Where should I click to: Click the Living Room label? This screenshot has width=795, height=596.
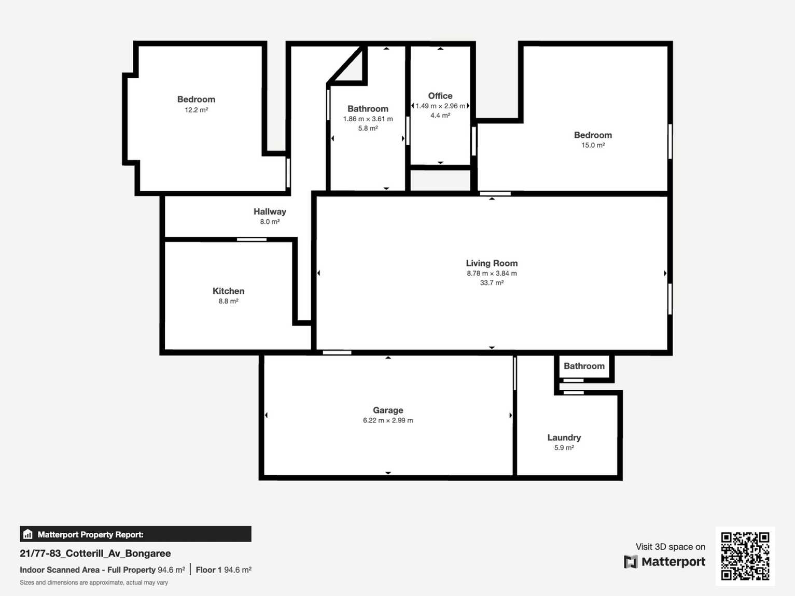coord(492,263)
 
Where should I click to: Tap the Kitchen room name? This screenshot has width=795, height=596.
coord(228,291)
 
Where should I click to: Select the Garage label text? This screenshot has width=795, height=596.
coord(388,410)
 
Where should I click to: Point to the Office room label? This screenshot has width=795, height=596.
coord(440,96)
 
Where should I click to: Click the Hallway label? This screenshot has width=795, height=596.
coord(270,211)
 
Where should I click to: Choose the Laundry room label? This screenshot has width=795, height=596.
coord(564,438)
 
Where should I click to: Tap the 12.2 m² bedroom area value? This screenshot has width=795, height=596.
coord(197,110)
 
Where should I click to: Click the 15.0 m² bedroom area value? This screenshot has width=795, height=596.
coord(593,146)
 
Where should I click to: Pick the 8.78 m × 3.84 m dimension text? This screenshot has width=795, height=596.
coord(492,274)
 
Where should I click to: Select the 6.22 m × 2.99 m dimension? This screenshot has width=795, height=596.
coord(388,420)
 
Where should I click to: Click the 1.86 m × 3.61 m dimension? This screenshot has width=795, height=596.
coord(368,119)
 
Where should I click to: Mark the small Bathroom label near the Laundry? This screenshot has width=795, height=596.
coord(584,366)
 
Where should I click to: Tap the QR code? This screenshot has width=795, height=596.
coord(745,556)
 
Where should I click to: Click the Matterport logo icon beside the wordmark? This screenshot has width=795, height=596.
coord(631,562)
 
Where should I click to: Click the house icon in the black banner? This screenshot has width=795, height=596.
coord(28,534)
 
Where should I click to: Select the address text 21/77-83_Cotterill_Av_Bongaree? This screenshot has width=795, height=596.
coord(95,554)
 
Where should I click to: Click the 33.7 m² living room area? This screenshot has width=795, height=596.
coord(492,283)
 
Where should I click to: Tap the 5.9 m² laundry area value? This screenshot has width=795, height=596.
coord(564,448)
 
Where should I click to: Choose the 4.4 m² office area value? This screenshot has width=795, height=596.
coord(440,116)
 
